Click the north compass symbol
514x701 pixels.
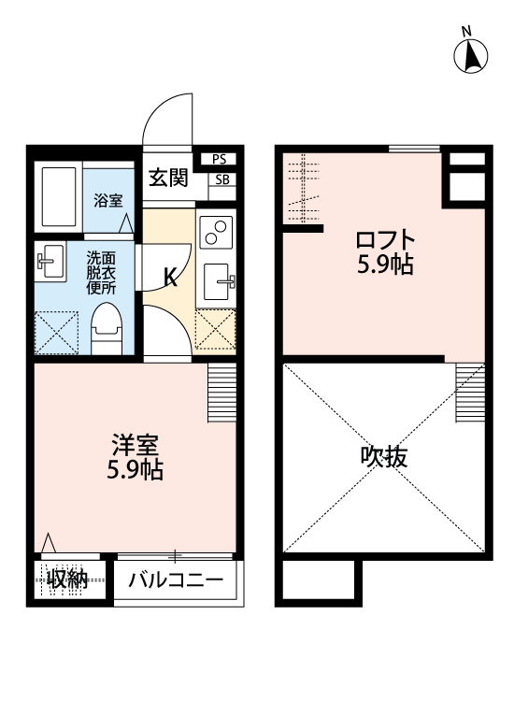click(472, 56)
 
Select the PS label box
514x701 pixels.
click(220, 160)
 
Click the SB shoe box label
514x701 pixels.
click(222, 180)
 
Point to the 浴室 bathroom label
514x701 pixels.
click(107, 199)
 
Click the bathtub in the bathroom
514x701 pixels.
click(59, 197)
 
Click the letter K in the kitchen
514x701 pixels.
click(170, 277)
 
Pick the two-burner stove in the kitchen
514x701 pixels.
click(217, 231)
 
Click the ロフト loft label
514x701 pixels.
click(385, 239)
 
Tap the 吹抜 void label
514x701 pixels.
click(384, 458)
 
